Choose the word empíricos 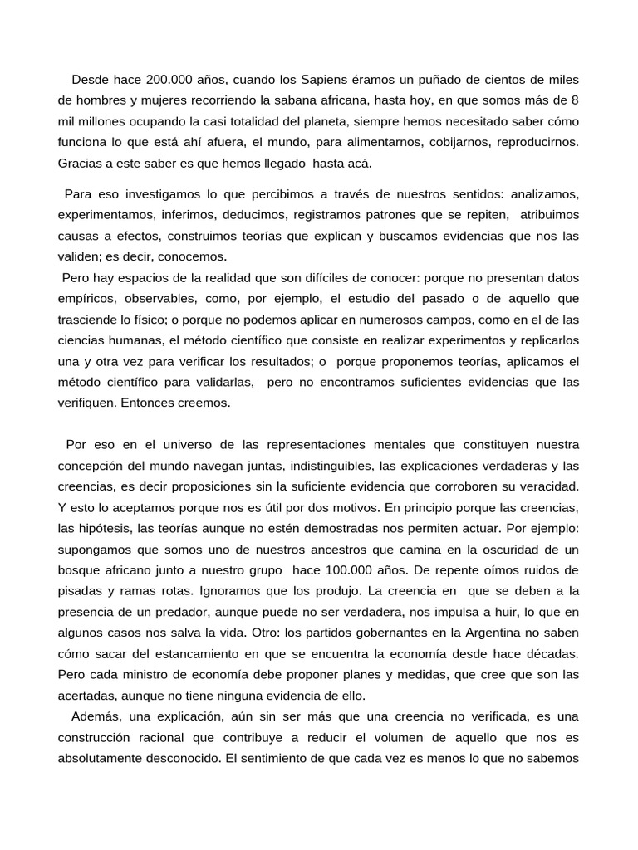pyautogui.click(x=87, y=299)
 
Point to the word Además pyautogui.click(x=96, y=716)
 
